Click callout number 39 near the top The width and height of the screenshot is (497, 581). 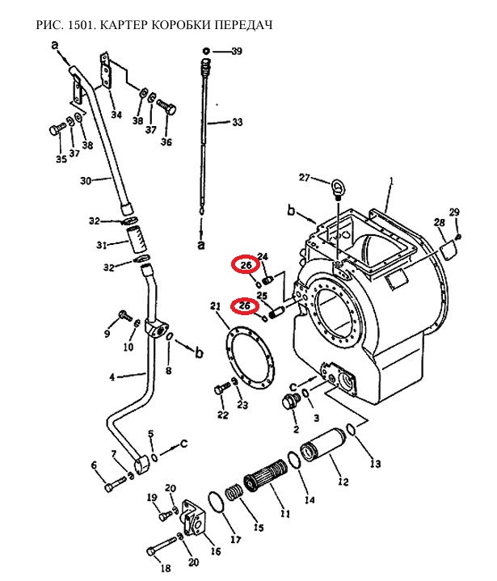pos(237,51)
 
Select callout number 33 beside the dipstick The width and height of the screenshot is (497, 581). pos(237,121)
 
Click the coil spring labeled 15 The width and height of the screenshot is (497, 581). pos(234,493)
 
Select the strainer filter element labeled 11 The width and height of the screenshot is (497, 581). pos(265,474)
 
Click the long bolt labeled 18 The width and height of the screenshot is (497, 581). pos(162,545)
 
